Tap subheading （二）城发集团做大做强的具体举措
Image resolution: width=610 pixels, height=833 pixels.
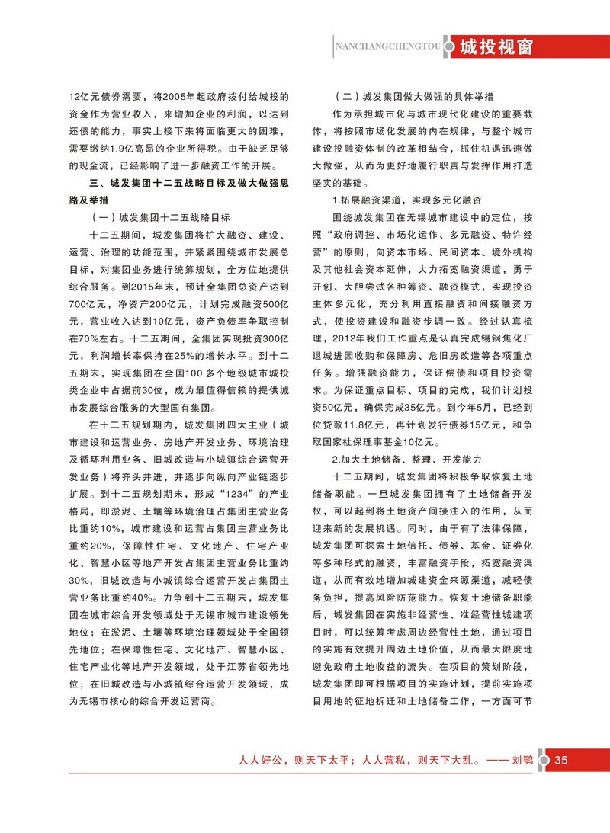point(416,97)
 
